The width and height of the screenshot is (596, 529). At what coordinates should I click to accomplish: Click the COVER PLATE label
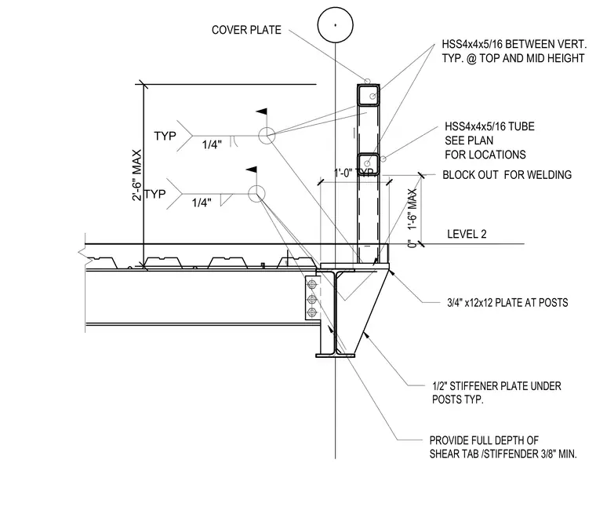[x=246, y=30]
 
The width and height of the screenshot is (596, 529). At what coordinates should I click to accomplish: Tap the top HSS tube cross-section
[x=369, y=95]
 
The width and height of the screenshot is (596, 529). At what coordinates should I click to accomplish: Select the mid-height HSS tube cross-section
[x=369, y=164]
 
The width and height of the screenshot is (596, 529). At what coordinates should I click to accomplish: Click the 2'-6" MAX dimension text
[x=136, y=175]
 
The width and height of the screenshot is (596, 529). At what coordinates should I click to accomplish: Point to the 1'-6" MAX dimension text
[x=412, y=209]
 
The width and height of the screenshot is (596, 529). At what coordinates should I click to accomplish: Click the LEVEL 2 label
[x=467, y=234]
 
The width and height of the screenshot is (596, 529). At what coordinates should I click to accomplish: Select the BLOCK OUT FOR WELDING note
[x=507, y=175]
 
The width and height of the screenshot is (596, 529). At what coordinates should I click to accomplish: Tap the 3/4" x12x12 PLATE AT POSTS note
[x=507, y=303]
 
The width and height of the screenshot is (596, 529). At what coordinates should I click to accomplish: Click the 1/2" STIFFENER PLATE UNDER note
[x=496, y=386]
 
